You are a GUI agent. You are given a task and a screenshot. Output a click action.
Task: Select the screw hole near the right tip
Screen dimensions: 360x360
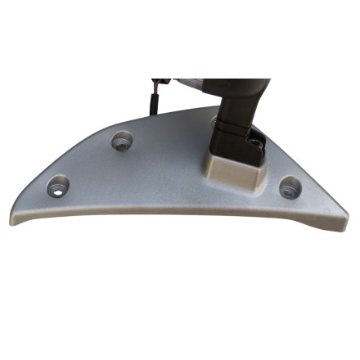coord(289,188)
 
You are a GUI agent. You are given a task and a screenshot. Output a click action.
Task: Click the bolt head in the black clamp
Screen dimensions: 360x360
coord(259,144)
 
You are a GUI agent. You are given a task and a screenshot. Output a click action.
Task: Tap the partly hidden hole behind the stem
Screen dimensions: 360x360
coord(214,120)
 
